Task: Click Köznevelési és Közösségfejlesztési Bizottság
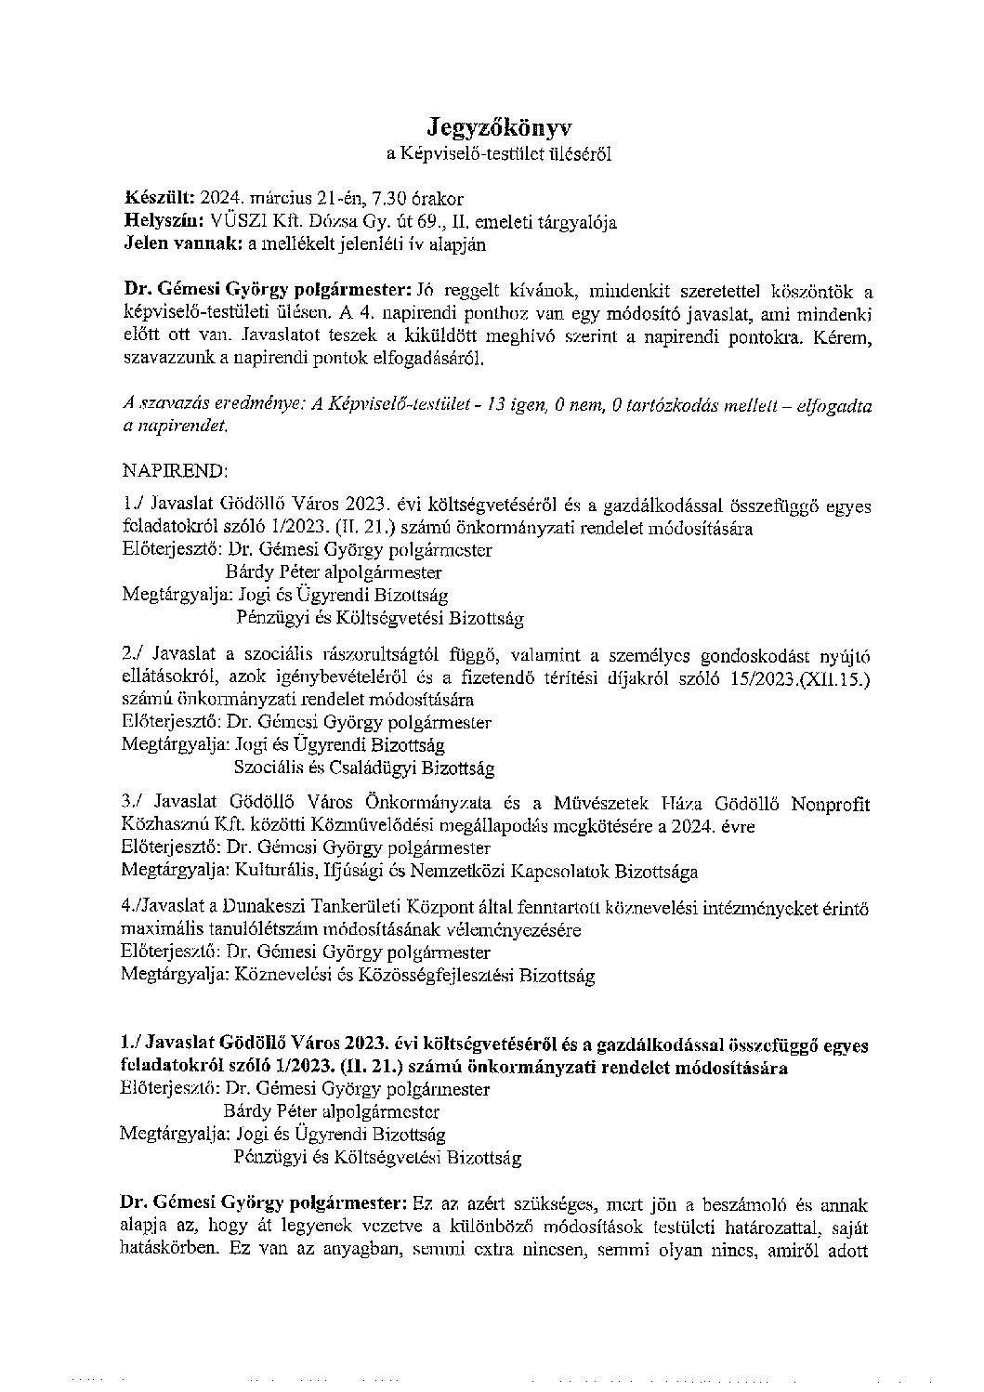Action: coord(414,976)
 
